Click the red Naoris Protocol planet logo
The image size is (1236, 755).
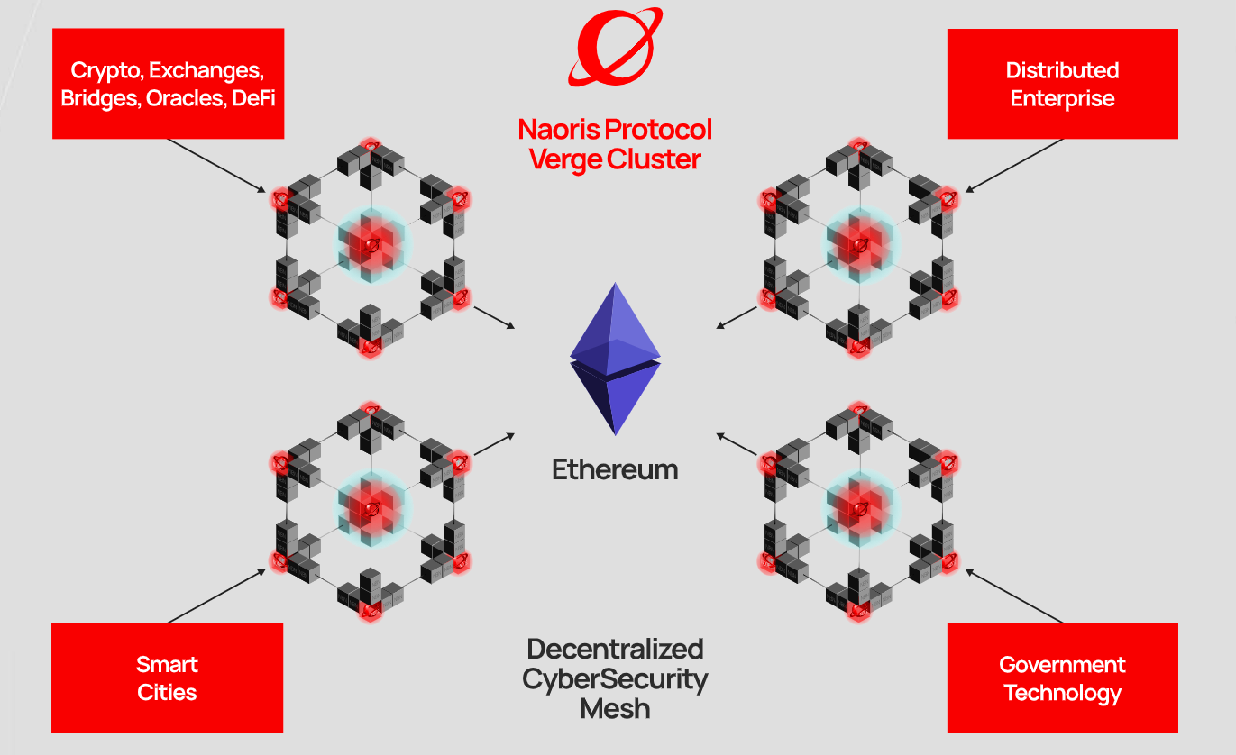(615, 47)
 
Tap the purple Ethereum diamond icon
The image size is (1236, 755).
(615, 359)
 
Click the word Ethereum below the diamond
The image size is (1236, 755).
(615, 469)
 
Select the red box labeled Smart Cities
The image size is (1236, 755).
(167, 678)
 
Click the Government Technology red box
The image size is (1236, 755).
(1062, 678)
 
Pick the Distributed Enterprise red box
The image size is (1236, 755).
(1062, 84)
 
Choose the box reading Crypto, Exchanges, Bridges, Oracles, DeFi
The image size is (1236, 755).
(168, 84)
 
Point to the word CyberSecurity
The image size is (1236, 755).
(615, 678)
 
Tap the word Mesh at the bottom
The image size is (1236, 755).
(615, 708)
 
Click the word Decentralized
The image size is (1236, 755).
(615, 649)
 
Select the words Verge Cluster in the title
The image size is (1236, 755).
(615, 159)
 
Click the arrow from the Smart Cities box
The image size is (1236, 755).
(216, 596)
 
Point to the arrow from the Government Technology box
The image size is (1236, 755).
(1015, 596)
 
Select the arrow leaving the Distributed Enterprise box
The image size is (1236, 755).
(1015, 165)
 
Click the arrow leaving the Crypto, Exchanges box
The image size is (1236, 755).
(216, 165)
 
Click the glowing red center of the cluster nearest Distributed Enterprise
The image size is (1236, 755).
(859, 242)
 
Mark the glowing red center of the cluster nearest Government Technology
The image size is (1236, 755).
(859, 509)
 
